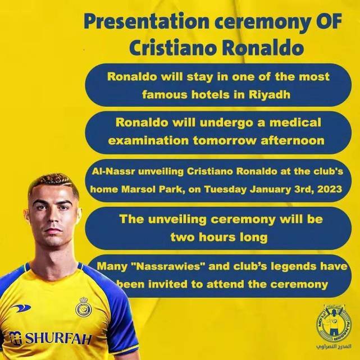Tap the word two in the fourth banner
tap(183, 237)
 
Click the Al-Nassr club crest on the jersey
tap(83, 307)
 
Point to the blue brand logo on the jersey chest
tap(21, 308)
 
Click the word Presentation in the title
tap(147, 22)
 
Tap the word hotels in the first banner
tap(210, 94)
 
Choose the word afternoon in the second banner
tap(293, 140)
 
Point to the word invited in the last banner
tap(168, 284)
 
